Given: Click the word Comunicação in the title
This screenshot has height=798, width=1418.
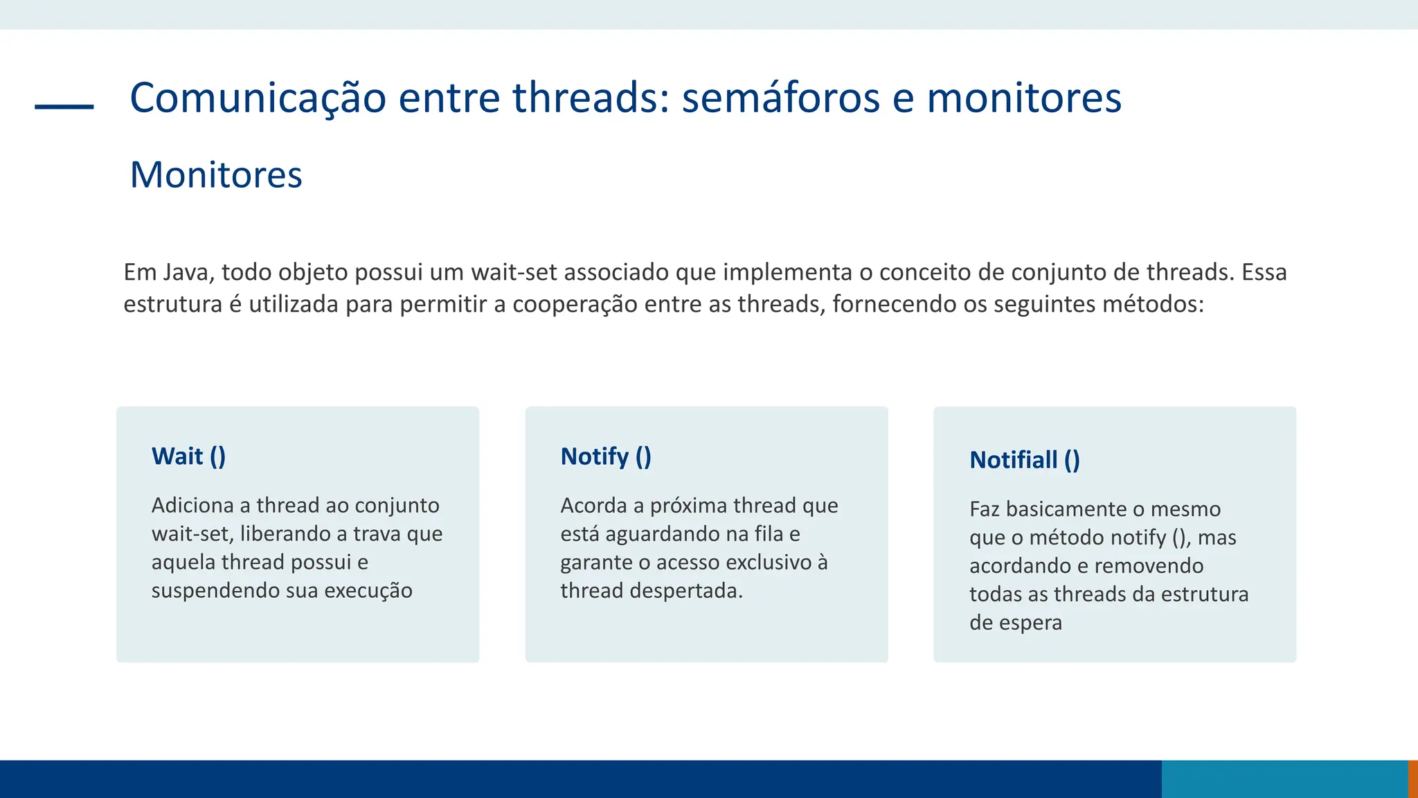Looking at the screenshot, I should pos(258,98).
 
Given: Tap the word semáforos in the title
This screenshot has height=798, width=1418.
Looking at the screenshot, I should pos(780,98).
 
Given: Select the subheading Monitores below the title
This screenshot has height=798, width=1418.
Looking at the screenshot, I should pos(216,175).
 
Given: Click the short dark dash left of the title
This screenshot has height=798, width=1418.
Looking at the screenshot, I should pos(64,107).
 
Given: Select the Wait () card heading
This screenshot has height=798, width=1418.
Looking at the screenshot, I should pos(188,456).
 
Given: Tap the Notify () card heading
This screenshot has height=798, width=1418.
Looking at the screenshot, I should pos(606,456).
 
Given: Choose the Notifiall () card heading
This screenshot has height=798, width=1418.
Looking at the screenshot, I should pos(1025,460).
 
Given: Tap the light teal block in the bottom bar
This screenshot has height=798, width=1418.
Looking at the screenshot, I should pos(1284,779).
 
